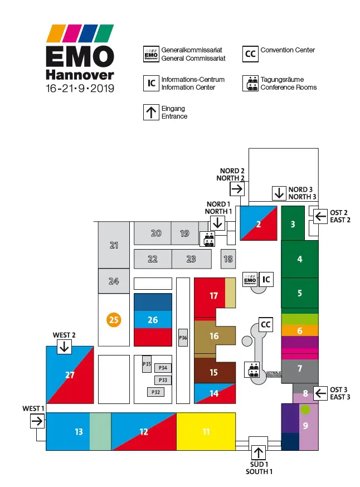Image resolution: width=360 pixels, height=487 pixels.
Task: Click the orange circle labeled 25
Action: [x=114, y=320]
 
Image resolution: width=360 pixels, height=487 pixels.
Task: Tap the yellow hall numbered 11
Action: [x=206, y=431]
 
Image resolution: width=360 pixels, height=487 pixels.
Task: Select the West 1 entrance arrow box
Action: [x=37, y=421]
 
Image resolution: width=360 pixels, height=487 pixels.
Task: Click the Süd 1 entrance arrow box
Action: [x=258, y=452]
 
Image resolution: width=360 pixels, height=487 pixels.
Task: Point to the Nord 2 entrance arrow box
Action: [x=237, y=189]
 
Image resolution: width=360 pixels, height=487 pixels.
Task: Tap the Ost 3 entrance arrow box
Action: [x=320, y=393]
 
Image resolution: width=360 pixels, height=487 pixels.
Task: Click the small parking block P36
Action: [x=183, y=338]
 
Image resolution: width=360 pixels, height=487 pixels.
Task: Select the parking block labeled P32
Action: [x=156, y=392]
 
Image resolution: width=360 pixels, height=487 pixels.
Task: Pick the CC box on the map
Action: [x=266, y=324]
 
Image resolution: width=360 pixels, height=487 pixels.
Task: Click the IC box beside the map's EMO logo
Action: [x=267, y=278]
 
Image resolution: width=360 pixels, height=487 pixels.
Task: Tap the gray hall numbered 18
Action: [x=228, y=259]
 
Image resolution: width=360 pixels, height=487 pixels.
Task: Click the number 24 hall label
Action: [x=114, y=281]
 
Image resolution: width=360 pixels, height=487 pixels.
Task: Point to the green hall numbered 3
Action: [x=293, y=225]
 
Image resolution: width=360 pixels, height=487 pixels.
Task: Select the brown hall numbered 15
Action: [x=214, y=372]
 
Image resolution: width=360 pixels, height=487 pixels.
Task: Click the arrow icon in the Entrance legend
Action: [x=151, y=113]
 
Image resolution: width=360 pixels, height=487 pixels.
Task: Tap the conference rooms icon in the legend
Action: [x=251, y=84]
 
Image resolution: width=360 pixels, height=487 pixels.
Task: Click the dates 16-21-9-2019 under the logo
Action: [x=80, y=89]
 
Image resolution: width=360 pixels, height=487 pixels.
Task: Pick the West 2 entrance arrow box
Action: [x=64, y=347]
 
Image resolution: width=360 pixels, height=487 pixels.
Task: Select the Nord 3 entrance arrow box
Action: [x=279, y=193]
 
